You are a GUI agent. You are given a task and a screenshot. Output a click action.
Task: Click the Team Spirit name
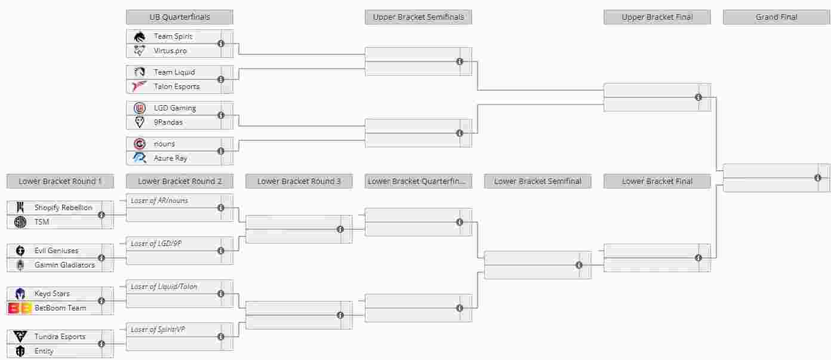click(173, 36)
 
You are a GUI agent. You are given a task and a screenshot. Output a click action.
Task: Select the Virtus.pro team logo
click(140, 51)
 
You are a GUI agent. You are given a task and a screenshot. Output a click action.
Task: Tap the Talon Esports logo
click(140, 86)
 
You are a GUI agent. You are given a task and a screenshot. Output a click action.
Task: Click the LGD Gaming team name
click(175, 108)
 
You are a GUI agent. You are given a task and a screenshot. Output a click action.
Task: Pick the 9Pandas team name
click(168, 122)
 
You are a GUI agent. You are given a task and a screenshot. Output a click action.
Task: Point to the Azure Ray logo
click(140, 158)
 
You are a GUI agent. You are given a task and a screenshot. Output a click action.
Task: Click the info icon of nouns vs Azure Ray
click(221, 151)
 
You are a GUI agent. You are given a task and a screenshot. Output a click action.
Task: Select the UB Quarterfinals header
click(180, 17)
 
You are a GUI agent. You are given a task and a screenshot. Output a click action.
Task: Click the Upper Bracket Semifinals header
click(418, 17)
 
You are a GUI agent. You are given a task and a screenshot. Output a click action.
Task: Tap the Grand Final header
click(777, 17)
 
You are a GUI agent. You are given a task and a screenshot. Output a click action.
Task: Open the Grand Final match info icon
click(818, 178)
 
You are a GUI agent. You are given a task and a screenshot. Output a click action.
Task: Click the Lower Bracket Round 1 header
click(60, 181)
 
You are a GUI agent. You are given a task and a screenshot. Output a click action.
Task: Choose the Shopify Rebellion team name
click(63, 208)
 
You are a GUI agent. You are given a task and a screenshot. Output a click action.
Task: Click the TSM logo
click(20, 222)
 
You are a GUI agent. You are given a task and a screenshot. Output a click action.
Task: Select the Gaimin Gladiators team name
click(64, 265)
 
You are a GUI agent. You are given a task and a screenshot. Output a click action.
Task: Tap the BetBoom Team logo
click(20, 308)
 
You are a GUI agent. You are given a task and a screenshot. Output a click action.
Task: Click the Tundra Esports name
click(60, 337)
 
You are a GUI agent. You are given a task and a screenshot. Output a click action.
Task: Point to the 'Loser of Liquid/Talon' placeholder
click(164, 287)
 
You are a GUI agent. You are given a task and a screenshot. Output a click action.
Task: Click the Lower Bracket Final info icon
click(698, 258)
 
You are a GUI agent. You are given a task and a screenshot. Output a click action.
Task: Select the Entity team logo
click(20, 350)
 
